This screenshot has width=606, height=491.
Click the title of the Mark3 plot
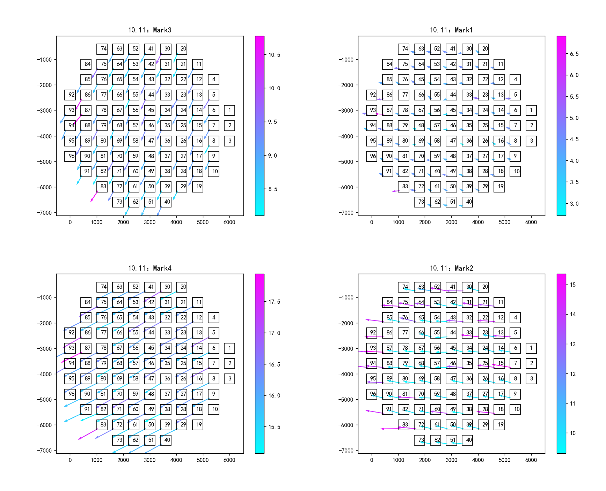[149, 30]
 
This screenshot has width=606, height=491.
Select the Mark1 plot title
[451, 30]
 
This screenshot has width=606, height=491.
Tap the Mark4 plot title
[149, 268]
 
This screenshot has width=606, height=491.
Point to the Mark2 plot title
[451, 268]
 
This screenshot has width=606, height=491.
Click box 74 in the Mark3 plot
[102, 49]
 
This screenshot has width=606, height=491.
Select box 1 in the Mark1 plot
[531, 110]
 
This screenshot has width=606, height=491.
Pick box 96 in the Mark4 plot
[70, 394]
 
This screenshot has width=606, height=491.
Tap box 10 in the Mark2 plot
[515, 409]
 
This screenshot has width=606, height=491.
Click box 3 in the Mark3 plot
[229, 141]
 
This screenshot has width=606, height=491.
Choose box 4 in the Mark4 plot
[213, 318]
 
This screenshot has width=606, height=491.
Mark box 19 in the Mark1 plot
[499, 187]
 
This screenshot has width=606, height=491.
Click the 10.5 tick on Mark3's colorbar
[274, 55]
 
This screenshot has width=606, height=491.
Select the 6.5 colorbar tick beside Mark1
[574, 54]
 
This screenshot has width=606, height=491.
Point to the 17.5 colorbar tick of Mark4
[274, 302]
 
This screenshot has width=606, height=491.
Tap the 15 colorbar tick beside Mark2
[573, 285]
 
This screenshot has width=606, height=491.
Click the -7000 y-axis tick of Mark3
[44, 213]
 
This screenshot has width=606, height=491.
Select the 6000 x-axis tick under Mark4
[229, 460]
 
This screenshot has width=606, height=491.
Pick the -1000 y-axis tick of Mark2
[346, 297]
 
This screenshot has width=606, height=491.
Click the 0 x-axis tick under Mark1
[372, 222]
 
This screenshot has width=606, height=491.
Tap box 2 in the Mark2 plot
[531, 363]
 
